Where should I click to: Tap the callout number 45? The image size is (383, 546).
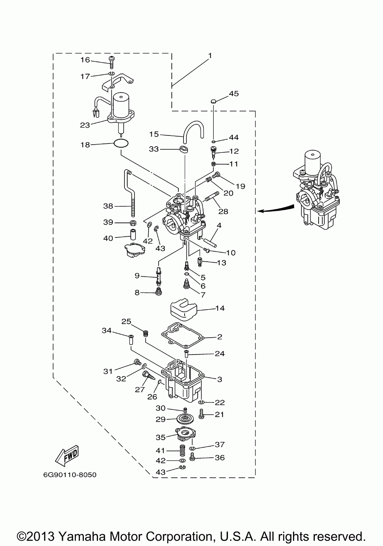pos(234,94)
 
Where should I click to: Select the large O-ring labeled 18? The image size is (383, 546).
pos(121,143)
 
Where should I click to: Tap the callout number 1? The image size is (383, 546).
pos(210,56)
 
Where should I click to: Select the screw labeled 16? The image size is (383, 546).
pos(112,63)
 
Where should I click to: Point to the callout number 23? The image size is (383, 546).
pos(85,125)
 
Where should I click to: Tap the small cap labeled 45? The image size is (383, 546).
pos(213,101)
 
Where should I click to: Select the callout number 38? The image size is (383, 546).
pos(108,206)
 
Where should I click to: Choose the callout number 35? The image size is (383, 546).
pos(160,437)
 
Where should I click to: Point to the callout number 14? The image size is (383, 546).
pos(220,308)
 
